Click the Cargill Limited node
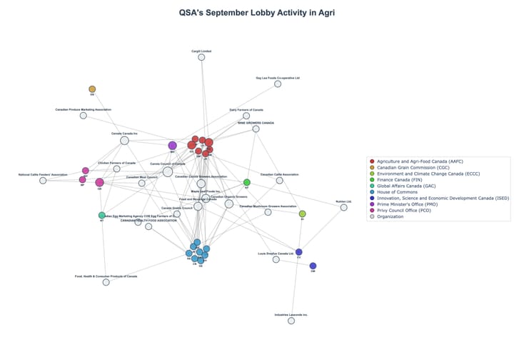[201, 57]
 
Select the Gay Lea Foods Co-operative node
[278, 84]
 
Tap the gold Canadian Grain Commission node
[92, 89]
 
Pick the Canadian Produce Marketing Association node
[84, 116]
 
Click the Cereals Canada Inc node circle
[124, 141]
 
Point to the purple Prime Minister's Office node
[172, 146]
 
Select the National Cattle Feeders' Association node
[43, 181]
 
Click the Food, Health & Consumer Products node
[106, 282]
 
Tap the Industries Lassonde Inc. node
[291, 321]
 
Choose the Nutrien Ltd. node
[344, 207]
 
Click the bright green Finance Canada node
[247, 183]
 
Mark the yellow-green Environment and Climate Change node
[303, 214]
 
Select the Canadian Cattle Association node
[279, 181]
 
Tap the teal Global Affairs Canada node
[102, 215]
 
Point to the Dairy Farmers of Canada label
[246, 109]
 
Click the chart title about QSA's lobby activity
[256, 12]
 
